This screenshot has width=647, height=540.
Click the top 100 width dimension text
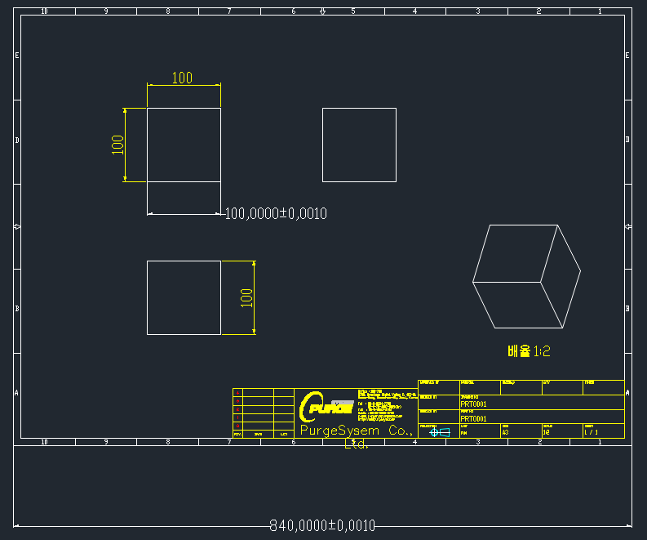(182, 78)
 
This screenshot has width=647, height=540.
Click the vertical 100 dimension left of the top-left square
(117, 145)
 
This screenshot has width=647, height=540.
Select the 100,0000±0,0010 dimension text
(276, 213)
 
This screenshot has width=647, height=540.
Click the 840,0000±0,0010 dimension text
(322, 525)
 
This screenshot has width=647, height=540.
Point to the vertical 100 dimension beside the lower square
(246, 297)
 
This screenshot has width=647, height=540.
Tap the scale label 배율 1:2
(529, 351)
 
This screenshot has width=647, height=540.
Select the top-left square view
(184, 145)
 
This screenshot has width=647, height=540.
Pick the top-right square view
(359, 145)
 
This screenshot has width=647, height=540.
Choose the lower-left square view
(184, 297)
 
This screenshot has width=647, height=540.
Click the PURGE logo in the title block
(327, 406)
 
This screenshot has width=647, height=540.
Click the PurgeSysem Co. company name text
(356, 430)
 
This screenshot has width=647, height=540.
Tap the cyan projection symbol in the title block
(440, 432)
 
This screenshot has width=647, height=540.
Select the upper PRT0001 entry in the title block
(474, 404)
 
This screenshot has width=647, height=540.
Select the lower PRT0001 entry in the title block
(474, 418)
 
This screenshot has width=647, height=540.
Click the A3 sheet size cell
(506, 433)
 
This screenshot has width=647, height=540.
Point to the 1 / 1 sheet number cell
(591, 433)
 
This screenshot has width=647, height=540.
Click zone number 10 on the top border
(44, 11)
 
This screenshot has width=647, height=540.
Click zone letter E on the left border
(17, 55)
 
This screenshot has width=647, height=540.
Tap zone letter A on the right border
(627, 392)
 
